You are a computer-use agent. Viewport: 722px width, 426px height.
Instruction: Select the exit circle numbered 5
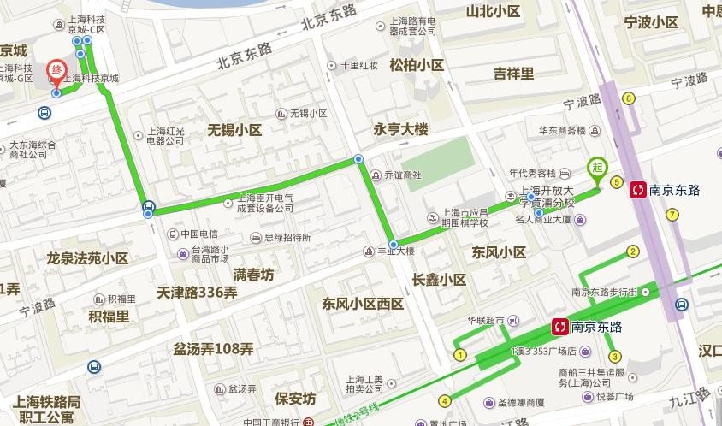pos(616,181)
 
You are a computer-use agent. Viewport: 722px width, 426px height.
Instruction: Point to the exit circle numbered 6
pos(629,98)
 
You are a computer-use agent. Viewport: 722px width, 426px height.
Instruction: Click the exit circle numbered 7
pos(672,214)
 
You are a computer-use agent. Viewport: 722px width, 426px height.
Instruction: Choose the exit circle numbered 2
pos(633,251)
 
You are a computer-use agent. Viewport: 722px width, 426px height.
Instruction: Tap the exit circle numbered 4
pos(445,400)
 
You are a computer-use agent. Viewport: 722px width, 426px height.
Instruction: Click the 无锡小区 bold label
pos(234,130)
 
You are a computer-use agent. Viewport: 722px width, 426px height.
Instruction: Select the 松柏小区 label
pos(417,65)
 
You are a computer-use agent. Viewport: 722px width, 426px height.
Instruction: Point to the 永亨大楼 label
pos(400,129)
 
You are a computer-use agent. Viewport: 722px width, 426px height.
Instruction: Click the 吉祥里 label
pos(513,74)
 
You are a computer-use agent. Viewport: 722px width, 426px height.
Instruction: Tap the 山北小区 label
pos(493,11)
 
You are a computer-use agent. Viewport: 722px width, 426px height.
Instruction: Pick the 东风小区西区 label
pos(362,304)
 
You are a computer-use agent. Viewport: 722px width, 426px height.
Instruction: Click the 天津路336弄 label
pos(198,293)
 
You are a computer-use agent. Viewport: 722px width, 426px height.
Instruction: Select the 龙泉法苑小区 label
pos(87,257)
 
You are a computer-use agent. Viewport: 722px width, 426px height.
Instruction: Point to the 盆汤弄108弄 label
pos(213,349)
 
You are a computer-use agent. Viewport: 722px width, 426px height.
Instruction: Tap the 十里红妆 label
pos(358,65)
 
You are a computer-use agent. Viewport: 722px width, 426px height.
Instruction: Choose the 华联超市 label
pos(485,321)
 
